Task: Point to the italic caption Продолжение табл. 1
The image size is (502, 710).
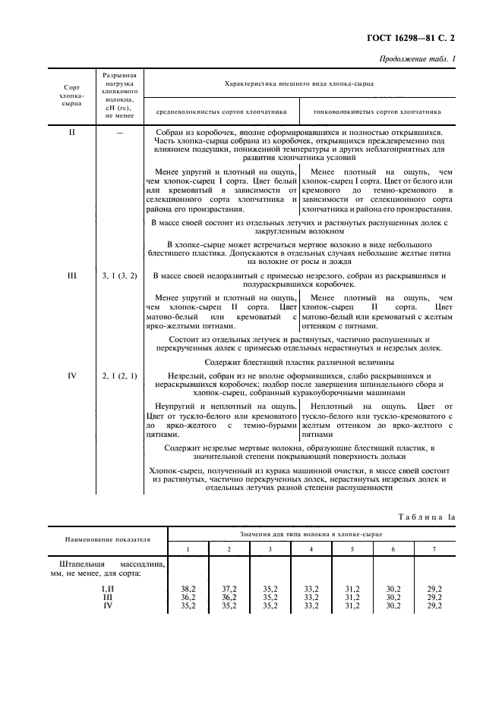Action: (422, 59)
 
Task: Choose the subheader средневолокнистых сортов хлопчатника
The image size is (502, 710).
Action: (222, 111)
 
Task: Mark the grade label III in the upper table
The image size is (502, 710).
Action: (72, 276)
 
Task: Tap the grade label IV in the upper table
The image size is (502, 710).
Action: (72, 375)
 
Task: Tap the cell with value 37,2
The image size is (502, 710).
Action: (226, 588)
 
